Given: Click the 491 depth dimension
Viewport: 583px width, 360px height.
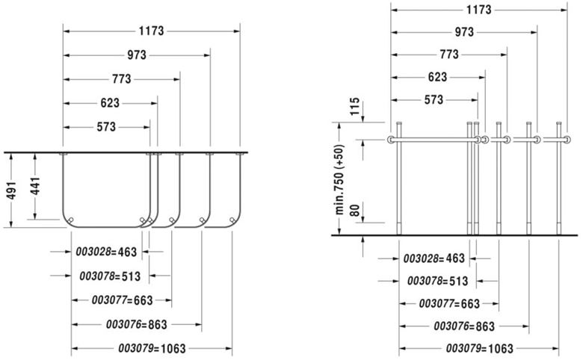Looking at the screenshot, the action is pyautogui.click(x=11, y=190).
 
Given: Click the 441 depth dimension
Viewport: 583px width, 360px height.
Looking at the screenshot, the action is pyautogui.click(x=35, y=186).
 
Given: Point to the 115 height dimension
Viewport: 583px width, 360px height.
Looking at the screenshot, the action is pyautogui.click(x=355, y=106).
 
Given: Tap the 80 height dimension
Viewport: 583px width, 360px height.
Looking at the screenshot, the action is pyautogui.click(x=355, y=211).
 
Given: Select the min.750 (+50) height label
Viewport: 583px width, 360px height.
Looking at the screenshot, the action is pyautogui.click(x=340, y=179).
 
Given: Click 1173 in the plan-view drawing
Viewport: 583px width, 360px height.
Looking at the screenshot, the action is pyautogui.click(x=151, y=31).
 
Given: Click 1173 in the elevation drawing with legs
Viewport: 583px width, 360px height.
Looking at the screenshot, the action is pyautogui.click(x=479, y=10).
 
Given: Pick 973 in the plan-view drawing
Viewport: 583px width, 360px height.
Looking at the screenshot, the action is pyautogui.click(x=137, y=55).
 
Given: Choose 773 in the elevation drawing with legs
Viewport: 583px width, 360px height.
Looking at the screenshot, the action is pyautogui.click(x=449, y=55).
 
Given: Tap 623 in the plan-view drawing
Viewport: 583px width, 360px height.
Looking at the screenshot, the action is pyautogui.click(x=110, y=102).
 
